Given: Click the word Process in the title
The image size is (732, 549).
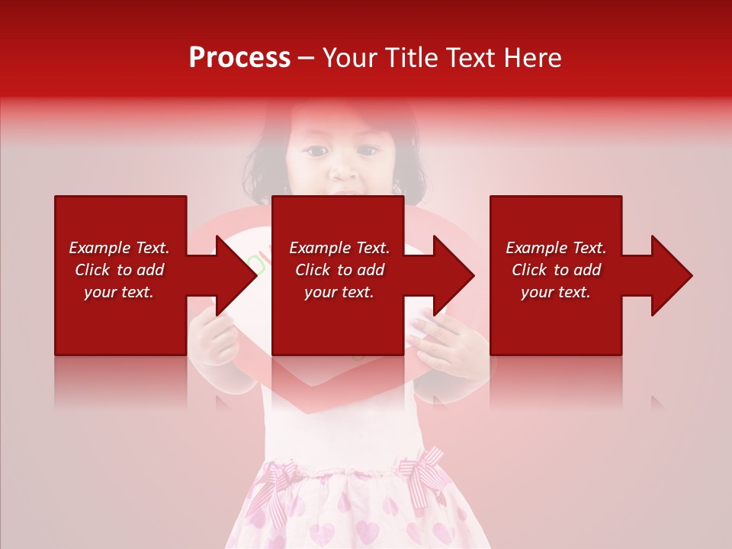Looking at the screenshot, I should click(239, 58).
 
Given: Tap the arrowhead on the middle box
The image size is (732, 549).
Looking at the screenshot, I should click(452, 275).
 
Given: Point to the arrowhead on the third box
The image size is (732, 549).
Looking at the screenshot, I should click(670, 275).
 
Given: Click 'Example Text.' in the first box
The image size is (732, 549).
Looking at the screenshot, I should click(119, 248).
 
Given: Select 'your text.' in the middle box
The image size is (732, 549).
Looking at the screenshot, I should click(339, 292).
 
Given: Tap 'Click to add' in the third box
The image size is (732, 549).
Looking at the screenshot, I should click(556, 270).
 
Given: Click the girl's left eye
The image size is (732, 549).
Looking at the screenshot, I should click(315, 150).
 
